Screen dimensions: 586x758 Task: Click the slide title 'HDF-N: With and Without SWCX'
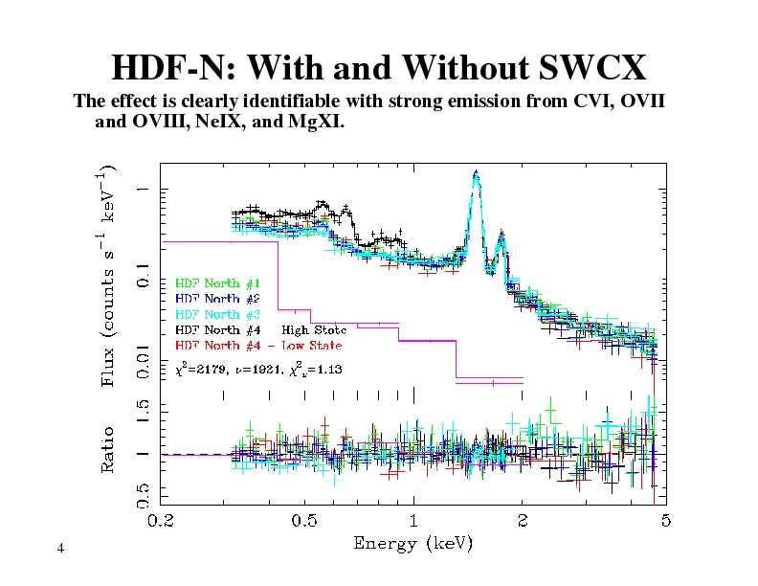coord(379,68)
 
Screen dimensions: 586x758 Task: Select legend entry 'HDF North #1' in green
coord(217,283)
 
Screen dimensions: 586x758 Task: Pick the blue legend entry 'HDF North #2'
coord(217,299)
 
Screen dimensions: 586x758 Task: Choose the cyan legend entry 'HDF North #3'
coord(217,314)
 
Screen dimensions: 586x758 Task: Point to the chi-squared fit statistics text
coord(258,368)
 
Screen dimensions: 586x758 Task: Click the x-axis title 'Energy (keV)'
coord(413,544)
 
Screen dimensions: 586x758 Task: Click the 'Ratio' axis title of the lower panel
coord(111,449)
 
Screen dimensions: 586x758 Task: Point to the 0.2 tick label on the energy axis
coord(160,521)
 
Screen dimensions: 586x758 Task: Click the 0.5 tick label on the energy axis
coord(305,521)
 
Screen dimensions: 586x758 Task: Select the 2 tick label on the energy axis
coord(523,521)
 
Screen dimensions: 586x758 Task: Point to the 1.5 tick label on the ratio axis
coord(142,413)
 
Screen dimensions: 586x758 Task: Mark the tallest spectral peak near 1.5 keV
coord(476,174)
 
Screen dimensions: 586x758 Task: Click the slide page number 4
coord(60,548)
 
